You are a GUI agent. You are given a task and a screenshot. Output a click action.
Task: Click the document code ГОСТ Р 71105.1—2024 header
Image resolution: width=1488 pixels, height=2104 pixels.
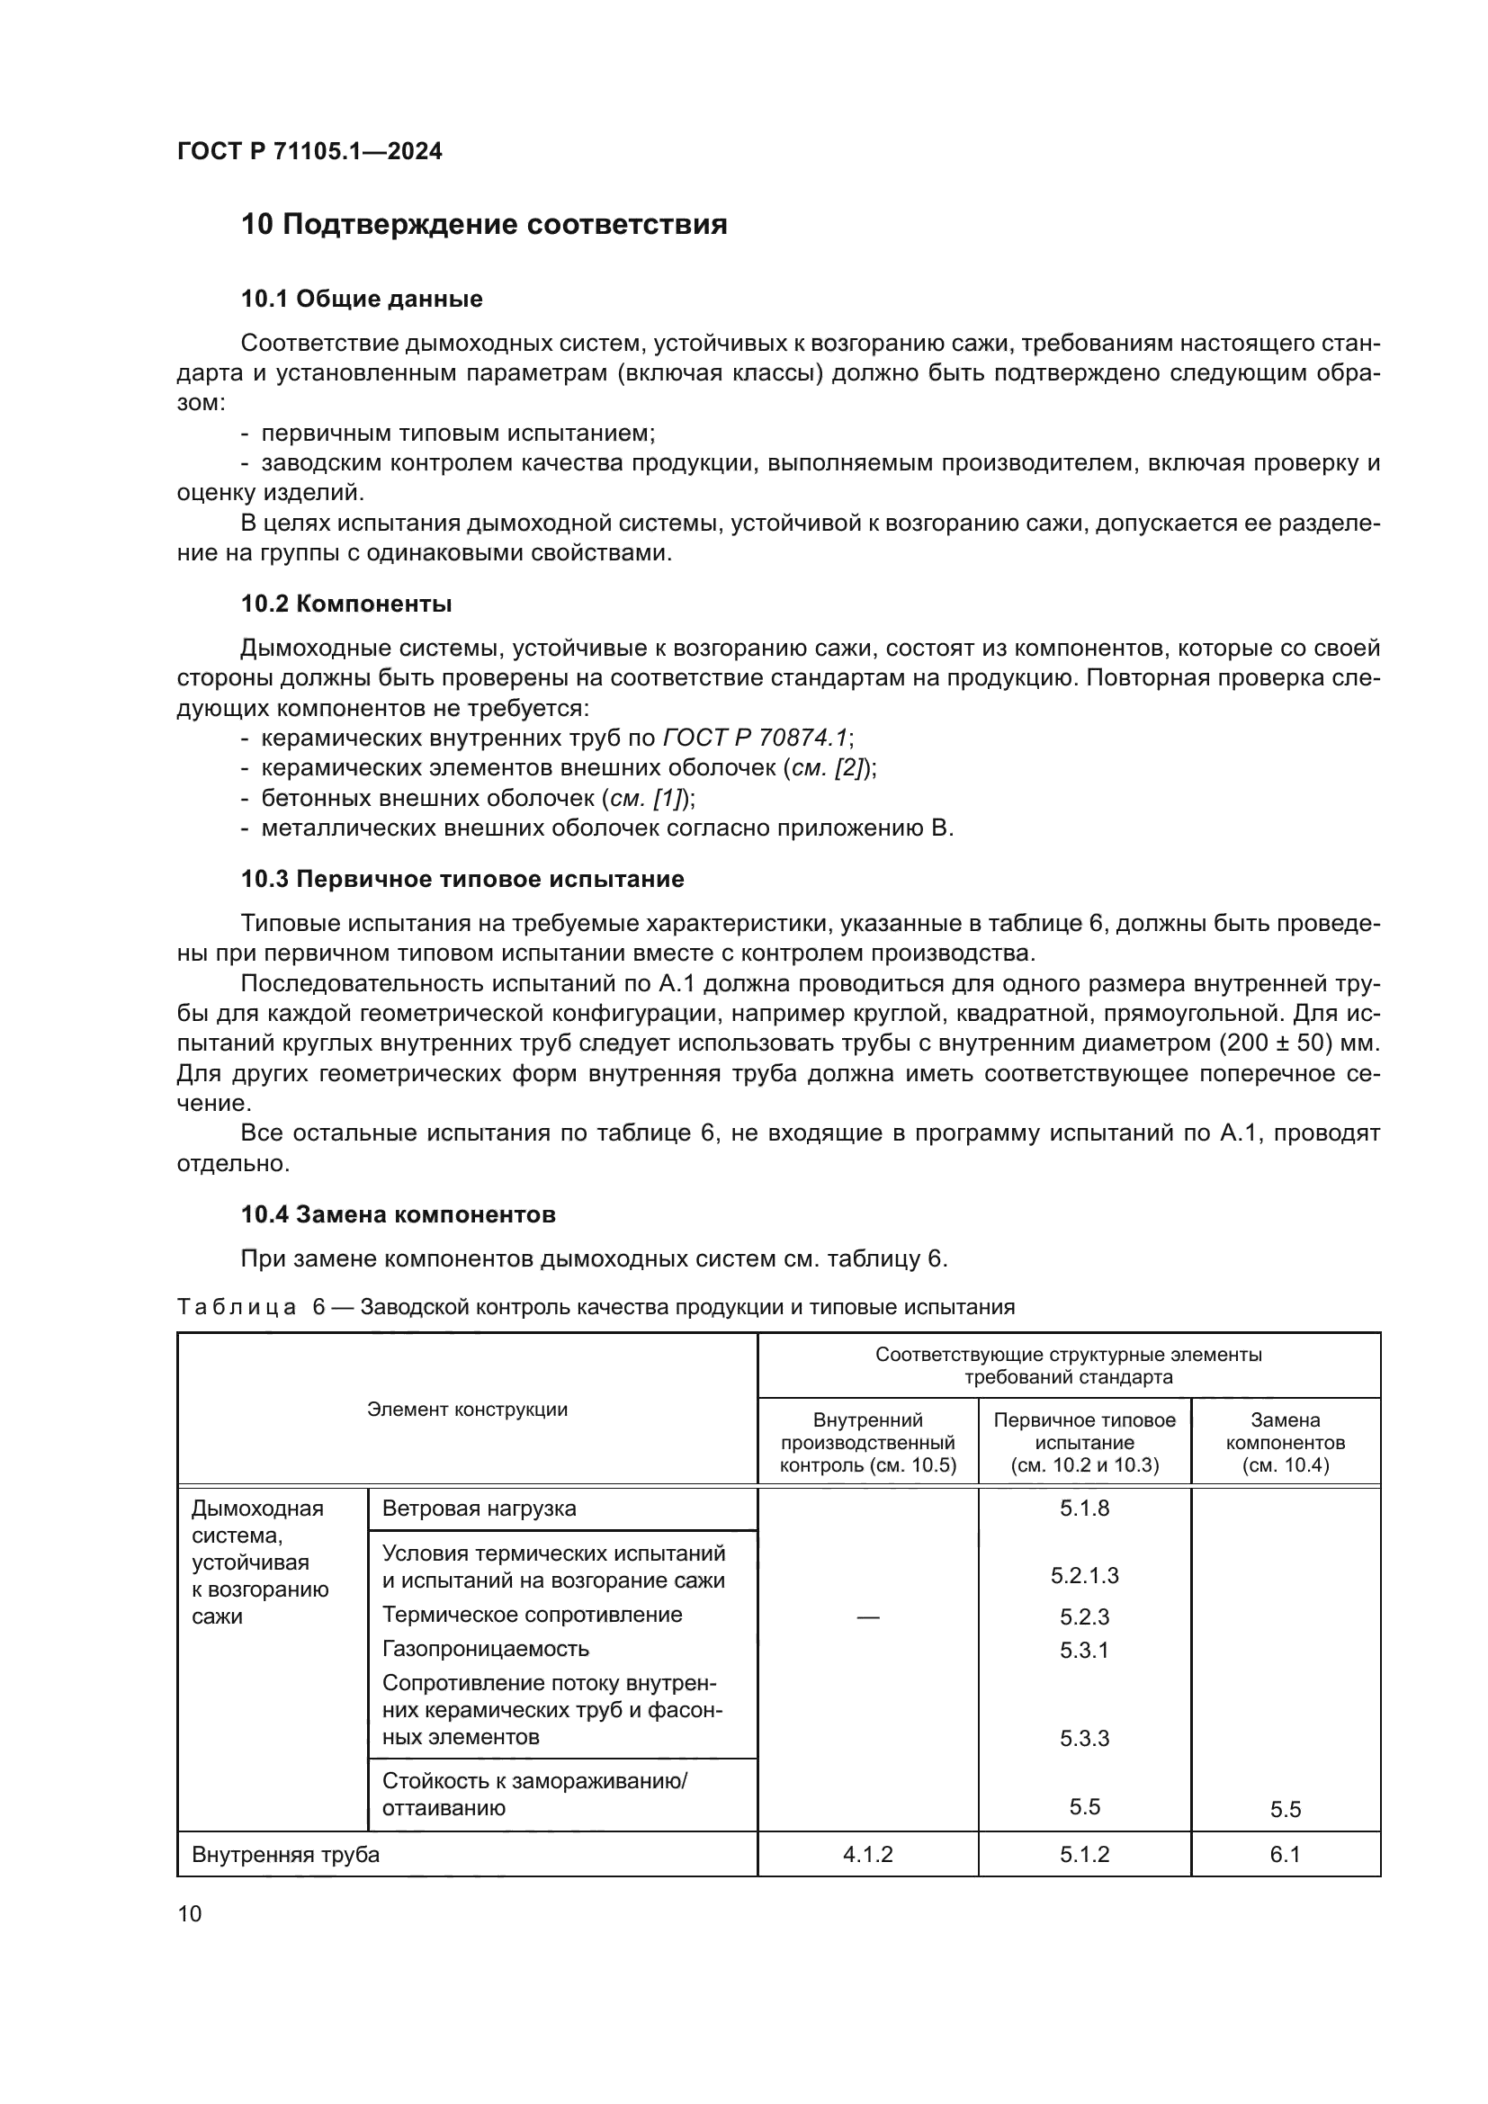309,151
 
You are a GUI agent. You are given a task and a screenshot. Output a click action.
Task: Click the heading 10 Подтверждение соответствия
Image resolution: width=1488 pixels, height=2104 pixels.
484,225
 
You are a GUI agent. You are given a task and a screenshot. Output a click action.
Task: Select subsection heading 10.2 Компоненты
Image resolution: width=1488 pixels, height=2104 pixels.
346,604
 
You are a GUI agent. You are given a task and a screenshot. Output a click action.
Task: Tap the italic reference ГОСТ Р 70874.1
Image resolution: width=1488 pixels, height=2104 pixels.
755,738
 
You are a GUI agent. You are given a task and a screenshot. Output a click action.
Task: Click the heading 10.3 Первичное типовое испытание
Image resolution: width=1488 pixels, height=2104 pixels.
462,879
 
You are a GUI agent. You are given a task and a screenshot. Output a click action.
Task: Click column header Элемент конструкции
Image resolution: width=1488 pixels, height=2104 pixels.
467,1410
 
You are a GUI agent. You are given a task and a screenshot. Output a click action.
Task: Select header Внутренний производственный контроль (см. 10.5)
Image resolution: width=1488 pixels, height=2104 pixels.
867,1442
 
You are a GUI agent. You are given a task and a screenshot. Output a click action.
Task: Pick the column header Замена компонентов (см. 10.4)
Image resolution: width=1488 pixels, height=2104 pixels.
1285,1442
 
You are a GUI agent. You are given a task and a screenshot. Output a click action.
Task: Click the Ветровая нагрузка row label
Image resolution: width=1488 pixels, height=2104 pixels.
479,1509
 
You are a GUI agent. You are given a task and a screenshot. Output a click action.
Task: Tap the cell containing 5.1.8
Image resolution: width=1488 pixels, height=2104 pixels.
1084,1509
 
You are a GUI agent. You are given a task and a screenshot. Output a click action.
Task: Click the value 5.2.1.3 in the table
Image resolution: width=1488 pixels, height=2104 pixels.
1084,1575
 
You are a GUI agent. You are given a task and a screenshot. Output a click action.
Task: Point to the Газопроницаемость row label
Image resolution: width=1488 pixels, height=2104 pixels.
485,1649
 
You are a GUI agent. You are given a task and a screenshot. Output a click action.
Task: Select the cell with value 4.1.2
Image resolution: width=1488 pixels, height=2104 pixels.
867,1854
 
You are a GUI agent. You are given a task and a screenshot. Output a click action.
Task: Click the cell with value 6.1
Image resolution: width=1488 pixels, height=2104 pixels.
1285,1854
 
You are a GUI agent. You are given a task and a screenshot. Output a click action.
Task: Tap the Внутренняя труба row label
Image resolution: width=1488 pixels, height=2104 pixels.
285,1854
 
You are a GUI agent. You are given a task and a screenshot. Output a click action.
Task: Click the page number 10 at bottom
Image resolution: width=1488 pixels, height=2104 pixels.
190,1913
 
